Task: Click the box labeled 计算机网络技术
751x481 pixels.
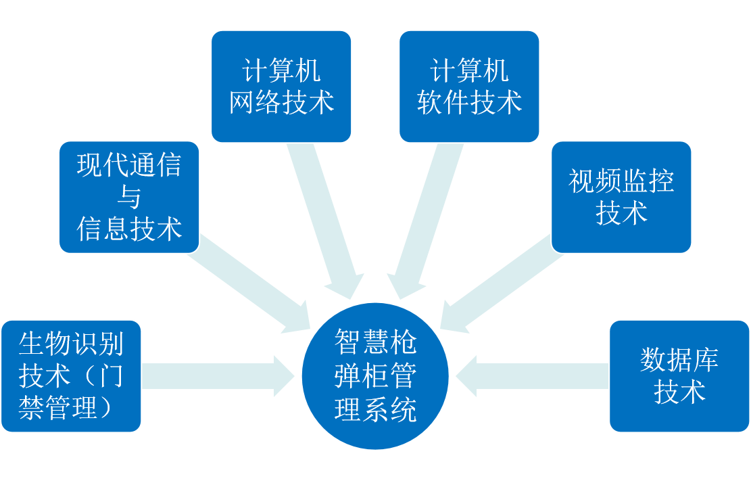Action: [281, 87]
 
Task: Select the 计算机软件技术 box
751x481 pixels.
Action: [469, 87]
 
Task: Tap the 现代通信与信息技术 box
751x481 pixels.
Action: [129, 197]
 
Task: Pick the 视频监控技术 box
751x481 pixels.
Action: [621, 197]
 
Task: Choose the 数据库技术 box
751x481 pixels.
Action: [679, 376]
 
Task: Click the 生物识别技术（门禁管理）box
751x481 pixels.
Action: [71, 376]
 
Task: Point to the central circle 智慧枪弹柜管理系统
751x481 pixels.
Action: [375, 376]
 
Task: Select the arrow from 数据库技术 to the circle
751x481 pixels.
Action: [534, 376]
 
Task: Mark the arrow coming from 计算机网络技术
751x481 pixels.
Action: [324, 216]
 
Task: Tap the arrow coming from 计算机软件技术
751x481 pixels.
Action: [426, 216]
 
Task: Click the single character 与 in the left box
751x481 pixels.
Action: [129, 197]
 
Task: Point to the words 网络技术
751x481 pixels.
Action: [281, 103]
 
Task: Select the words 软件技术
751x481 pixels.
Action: [469, 103]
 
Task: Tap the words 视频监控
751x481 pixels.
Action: [621, 181]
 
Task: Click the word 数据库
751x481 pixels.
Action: [679, 360]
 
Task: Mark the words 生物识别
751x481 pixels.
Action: [71, 344]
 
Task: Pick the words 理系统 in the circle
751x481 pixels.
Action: [375, 409]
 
